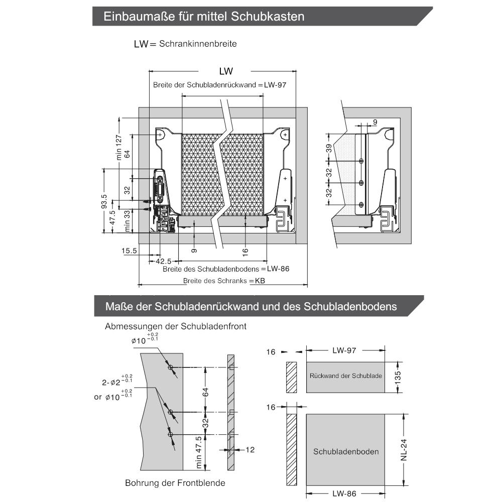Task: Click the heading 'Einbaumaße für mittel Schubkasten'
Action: point(204,17)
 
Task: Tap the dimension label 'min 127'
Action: point(119,147)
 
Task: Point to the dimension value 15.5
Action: point(129,250)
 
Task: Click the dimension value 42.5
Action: point(163,261)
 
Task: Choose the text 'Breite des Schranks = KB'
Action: point(224,281)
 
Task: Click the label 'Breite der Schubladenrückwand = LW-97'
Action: point(219,85)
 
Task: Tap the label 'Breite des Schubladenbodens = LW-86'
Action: point(226,269)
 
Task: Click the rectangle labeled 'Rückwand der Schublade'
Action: point(345,376)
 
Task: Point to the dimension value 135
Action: point(397,376)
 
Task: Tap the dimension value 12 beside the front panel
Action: point(249,450)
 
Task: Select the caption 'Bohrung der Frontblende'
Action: point(175,483)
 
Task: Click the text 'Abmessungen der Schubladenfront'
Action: point(176,326)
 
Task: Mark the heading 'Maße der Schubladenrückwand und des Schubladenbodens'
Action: point(251,306)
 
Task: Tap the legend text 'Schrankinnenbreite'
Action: point(198,44)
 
